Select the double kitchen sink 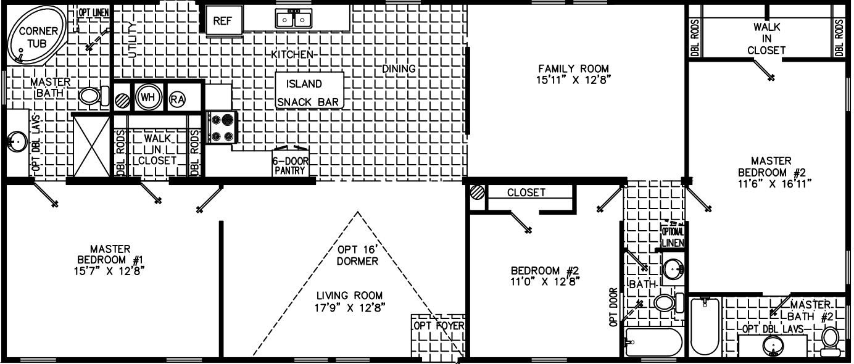pyautogui.click(x=293, y=19)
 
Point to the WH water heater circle pyautogui.click(x=147, y=98)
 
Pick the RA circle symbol pyautogui.click(x=177, y=98)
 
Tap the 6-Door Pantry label pyautogui.click(x=289, y=166)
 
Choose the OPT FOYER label pyautogui.click(x=439, y=325)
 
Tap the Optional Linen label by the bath pyautogui.click(x=673, y=237)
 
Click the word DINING pyautogui.click(x=399, y=68)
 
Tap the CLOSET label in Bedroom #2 pyautogui.click(x=526, y=192)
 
